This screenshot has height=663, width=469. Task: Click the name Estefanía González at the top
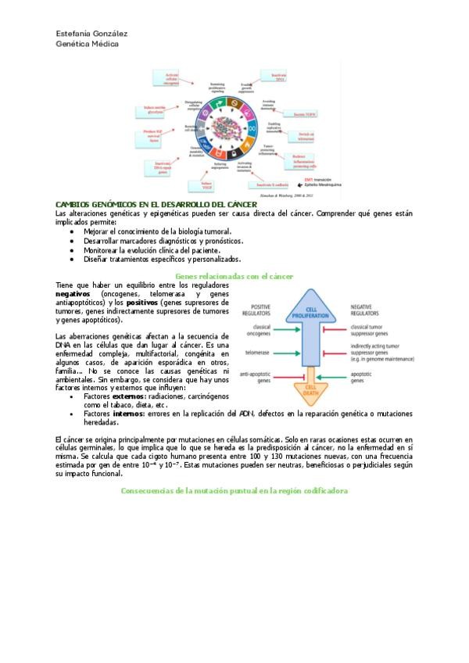click(91, 34)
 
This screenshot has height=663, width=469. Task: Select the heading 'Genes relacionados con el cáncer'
click(234, 276)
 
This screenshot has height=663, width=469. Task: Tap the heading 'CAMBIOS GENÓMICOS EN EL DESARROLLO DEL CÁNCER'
click(156, 204)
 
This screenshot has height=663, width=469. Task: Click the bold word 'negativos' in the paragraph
click(73, 294)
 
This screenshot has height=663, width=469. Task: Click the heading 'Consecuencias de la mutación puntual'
click(234, 490)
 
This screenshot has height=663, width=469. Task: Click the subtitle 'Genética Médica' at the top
click(88, 45)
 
